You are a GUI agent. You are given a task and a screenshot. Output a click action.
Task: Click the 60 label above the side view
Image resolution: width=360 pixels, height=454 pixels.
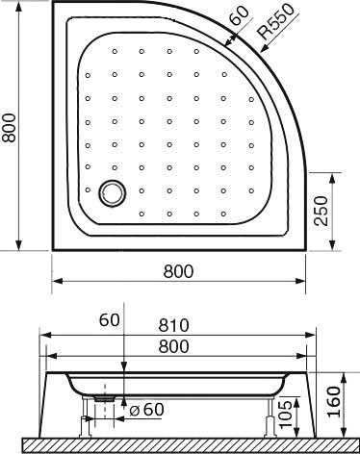[108, 320]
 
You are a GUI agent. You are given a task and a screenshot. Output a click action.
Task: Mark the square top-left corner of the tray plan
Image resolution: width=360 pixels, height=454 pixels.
[54, 4]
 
